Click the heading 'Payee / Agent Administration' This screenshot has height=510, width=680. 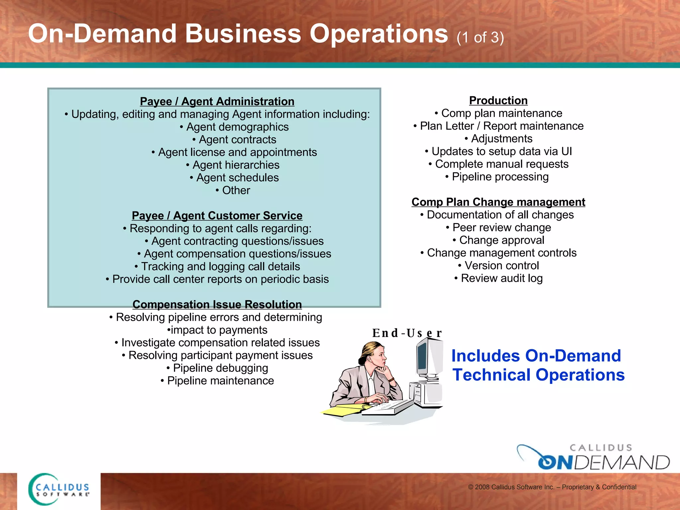point(217,101)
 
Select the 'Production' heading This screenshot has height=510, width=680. point(498,100)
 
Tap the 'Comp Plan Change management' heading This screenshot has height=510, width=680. point(498,202)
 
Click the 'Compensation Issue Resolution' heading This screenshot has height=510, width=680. point(217,304)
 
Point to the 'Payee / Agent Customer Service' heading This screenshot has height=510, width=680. point(217,215)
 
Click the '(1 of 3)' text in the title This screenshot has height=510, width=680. point(480,37)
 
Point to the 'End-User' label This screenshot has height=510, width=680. point(407,333)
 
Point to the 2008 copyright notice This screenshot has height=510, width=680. point(552,487)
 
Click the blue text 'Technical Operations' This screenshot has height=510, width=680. point(539,375)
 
